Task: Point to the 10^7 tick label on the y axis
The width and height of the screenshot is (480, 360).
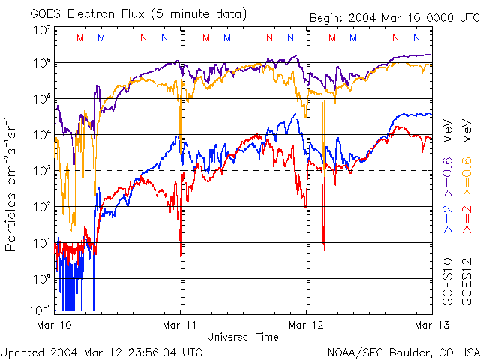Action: pyautogui.click(x=42, y=30)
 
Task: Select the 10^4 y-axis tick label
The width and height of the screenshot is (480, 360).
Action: pyautogui.click(x=42, y=134)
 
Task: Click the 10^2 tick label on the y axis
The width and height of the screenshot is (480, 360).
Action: pyautogui.click(x=42, y=206)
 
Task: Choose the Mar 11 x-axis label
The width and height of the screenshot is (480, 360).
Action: pyautogui.click(x=180, y=325)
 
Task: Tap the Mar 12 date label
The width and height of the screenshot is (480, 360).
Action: pyautogui.click(x=306, y=325)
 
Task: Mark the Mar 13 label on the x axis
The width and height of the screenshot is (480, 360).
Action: pyautogui.click(x=430, y=325)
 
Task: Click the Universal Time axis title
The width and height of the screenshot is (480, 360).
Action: pyautogui.click(x=242, y=337)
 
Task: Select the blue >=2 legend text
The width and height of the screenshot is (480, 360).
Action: pyautogui.click(x=448, y=217)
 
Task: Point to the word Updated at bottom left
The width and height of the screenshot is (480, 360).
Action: pyautogui.click(x=24, y=352)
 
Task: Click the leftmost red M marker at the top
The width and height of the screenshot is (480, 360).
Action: pyautogui.click(x=80, y=37)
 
